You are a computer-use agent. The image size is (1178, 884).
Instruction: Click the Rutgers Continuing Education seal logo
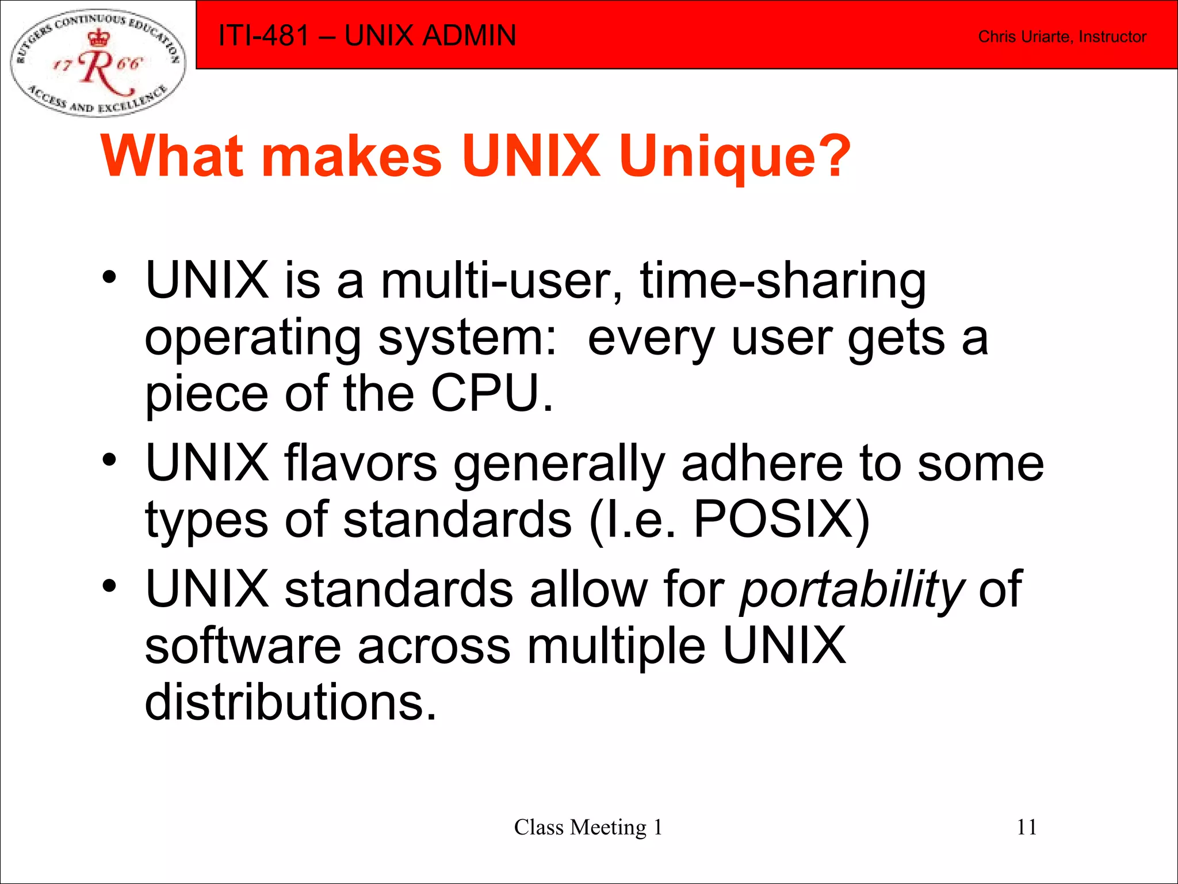click(98, 63)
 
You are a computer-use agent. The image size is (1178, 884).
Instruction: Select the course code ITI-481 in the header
click(264, 35)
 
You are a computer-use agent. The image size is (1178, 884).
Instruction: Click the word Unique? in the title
click(735, 157)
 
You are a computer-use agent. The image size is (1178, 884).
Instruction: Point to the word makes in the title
click(352, 157)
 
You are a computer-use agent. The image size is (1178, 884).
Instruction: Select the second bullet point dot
click(109, 460)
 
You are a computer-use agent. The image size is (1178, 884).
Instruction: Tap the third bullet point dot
click(109, 586)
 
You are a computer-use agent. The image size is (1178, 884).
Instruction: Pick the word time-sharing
click(783, 282)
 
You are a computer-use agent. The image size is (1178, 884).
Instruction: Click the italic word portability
click(852, 590)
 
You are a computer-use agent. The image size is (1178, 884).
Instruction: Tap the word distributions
click(290, 702)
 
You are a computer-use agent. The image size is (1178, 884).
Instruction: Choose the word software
click(243, 645)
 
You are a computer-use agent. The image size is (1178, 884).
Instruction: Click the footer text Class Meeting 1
click(588, 828)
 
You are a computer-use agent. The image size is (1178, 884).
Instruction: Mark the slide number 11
click(1027, 827)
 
